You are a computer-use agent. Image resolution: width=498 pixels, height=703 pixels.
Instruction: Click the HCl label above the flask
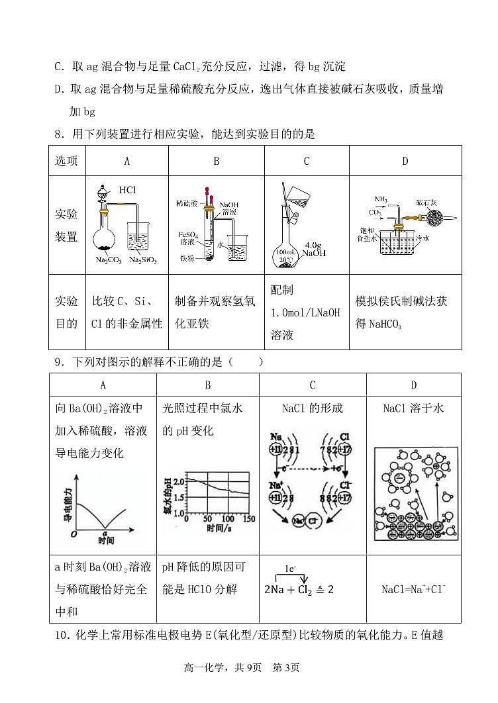tap(128, 190)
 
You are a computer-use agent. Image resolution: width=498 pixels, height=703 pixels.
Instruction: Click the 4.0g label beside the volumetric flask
tap(313, 244)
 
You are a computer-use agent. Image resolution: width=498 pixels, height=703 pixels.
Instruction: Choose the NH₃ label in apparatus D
tap(381, 199)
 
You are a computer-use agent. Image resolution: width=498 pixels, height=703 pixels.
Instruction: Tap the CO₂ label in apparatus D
tap(375, 212)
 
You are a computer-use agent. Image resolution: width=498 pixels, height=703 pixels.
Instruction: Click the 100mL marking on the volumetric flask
tap(286, 252)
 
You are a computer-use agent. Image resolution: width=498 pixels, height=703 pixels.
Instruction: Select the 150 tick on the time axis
tap(248, 519)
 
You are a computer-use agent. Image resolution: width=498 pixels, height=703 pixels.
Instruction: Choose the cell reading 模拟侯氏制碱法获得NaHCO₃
tap(405, 312)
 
